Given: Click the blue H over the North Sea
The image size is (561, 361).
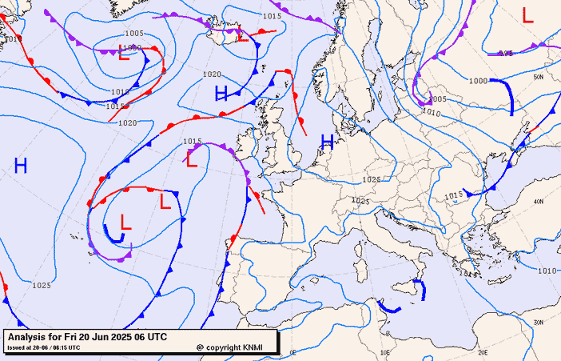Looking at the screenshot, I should (x=327, y=142).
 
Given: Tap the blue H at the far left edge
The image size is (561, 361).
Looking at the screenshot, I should (x=21, y=166).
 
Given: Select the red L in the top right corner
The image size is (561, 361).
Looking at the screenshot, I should (x=527, y=14).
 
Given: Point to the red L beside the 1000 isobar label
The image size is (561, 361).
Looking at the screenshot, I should (x=124, y=54).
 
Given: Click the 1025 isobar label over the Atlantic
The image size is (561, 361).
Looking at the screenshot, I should (x=42, y=285).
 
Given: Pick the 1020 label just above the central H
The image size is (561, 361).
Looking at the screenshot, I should (x=212, y=74).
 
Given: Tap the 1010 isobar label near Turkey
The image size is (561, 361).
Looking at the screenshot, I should (x=547, y=271).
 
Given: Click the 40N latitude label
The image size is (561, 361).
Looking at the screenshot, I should (x=539, y=201).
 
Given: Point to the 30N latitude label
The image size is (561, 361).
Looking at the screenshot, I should (x=539, y=322).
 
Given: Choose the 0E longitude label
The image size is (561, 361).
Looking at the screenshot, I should (x=292, y=351).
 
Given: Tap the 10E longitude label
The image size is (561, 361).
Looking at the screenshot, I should (x=386, y=351).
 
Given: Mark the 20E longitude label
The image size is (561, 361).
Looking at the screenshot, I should (x=482, y=351).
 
